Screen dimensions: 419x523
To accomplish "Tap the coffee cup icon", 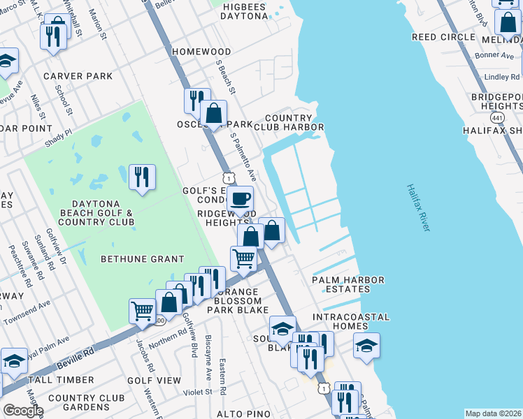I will coord(240,198).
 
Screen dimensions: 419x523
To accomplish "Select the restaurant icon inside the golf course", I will coord(143,177).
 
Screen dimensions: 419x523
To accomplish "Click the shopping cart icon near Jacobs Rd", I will coord(143,310).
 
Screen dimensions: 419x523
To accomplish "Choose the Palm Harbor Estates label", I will coord(348,285).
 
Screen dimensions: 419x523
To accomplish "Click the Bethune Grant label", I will coord(143,259).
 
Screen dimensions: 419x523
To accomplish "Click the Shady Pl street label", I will coord(59,133).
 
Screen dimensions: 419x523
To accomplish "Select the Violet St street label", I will coord(198,392).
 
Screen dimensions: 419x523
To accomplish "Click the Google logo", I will coord(22,411).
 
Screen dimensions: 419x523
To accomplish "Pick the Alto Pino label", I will coord(243,414).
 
